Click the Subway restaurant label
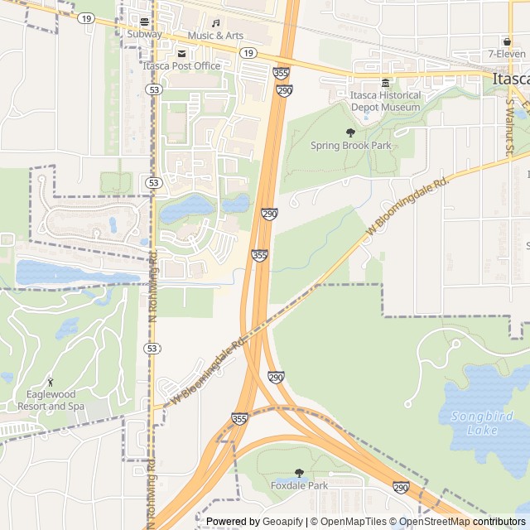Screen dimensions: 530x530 [x=145, y=35]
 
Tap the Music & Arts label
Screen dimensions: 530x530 [x=215, y=36]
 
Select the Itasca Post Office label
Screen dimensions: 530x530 [x=181, y=65]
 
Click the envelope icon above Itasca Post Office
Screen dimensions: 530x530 [x=181, y=53]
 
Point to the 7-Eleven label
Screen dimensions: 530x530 [x=508, y=54]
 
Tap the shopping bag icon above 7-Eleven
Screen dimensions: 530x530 [x=507, y=41]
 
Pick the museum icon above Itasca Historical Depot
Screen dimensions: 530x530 [x=385, y=83]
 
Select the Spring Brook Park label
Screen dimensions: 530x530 [x=350, y=146]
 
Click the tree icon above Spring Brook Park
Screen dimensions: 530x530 [x=350, y=132]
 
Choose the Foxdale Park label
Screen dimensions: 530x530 [x=299, y=485]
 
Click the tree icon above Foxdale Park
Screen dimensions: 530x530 [x=299, y=473]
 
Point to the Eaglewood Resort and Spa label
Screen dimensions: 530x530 [x=51, y=401]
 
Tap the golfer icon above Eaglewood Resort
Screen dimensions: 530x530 [x=51, y=383]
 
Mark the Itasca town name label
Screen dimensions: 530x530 [x=509, y=79]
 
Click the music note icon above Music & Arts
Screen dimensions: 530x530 [x=216, y=23]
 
